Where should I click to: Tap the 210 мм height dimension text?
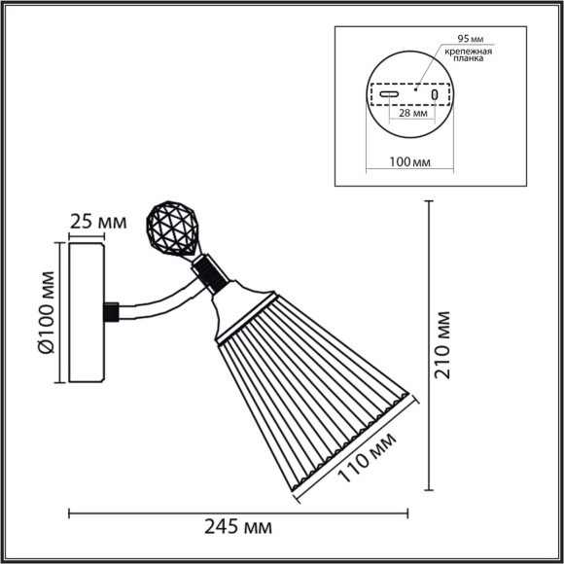coord(444,346)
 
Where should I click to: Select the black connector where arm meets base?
coord(112,312)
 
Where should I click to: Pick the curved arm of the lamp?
coord(160,300)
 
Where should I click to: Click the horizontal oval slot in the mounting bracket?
coord(388,95)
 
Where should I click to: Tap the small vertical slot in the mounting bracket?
coord(436,95)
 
